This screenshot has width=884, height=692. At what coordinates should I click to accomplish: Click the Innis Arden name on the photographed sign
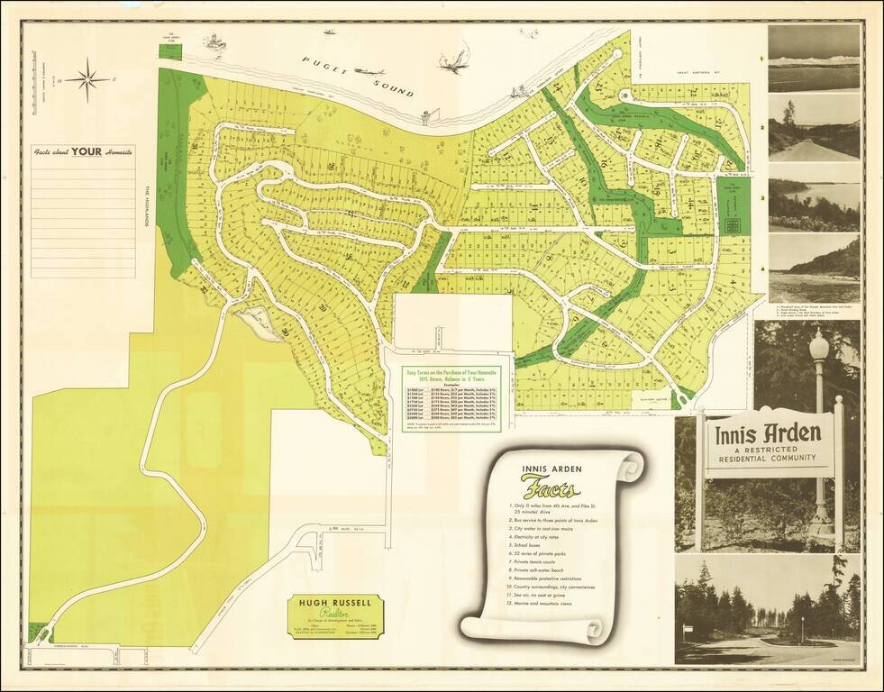pyautogui.click(x=768, y=433)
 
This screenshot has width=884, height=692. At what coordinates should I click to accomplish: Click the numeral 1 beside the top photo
pyautogui.click(x=762, y=59)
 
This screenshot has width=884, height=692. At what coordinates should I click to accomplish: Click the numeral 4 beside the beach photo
pyautogui.click(x=762, y=269)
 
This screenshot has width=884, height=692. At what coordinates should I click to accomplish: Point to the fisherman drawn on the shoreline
pyautogui.click(x=427, y=114)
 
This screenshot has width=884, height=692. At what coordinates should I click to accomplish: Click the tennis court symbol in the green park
pyautogui.click(x=733, y=223)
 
